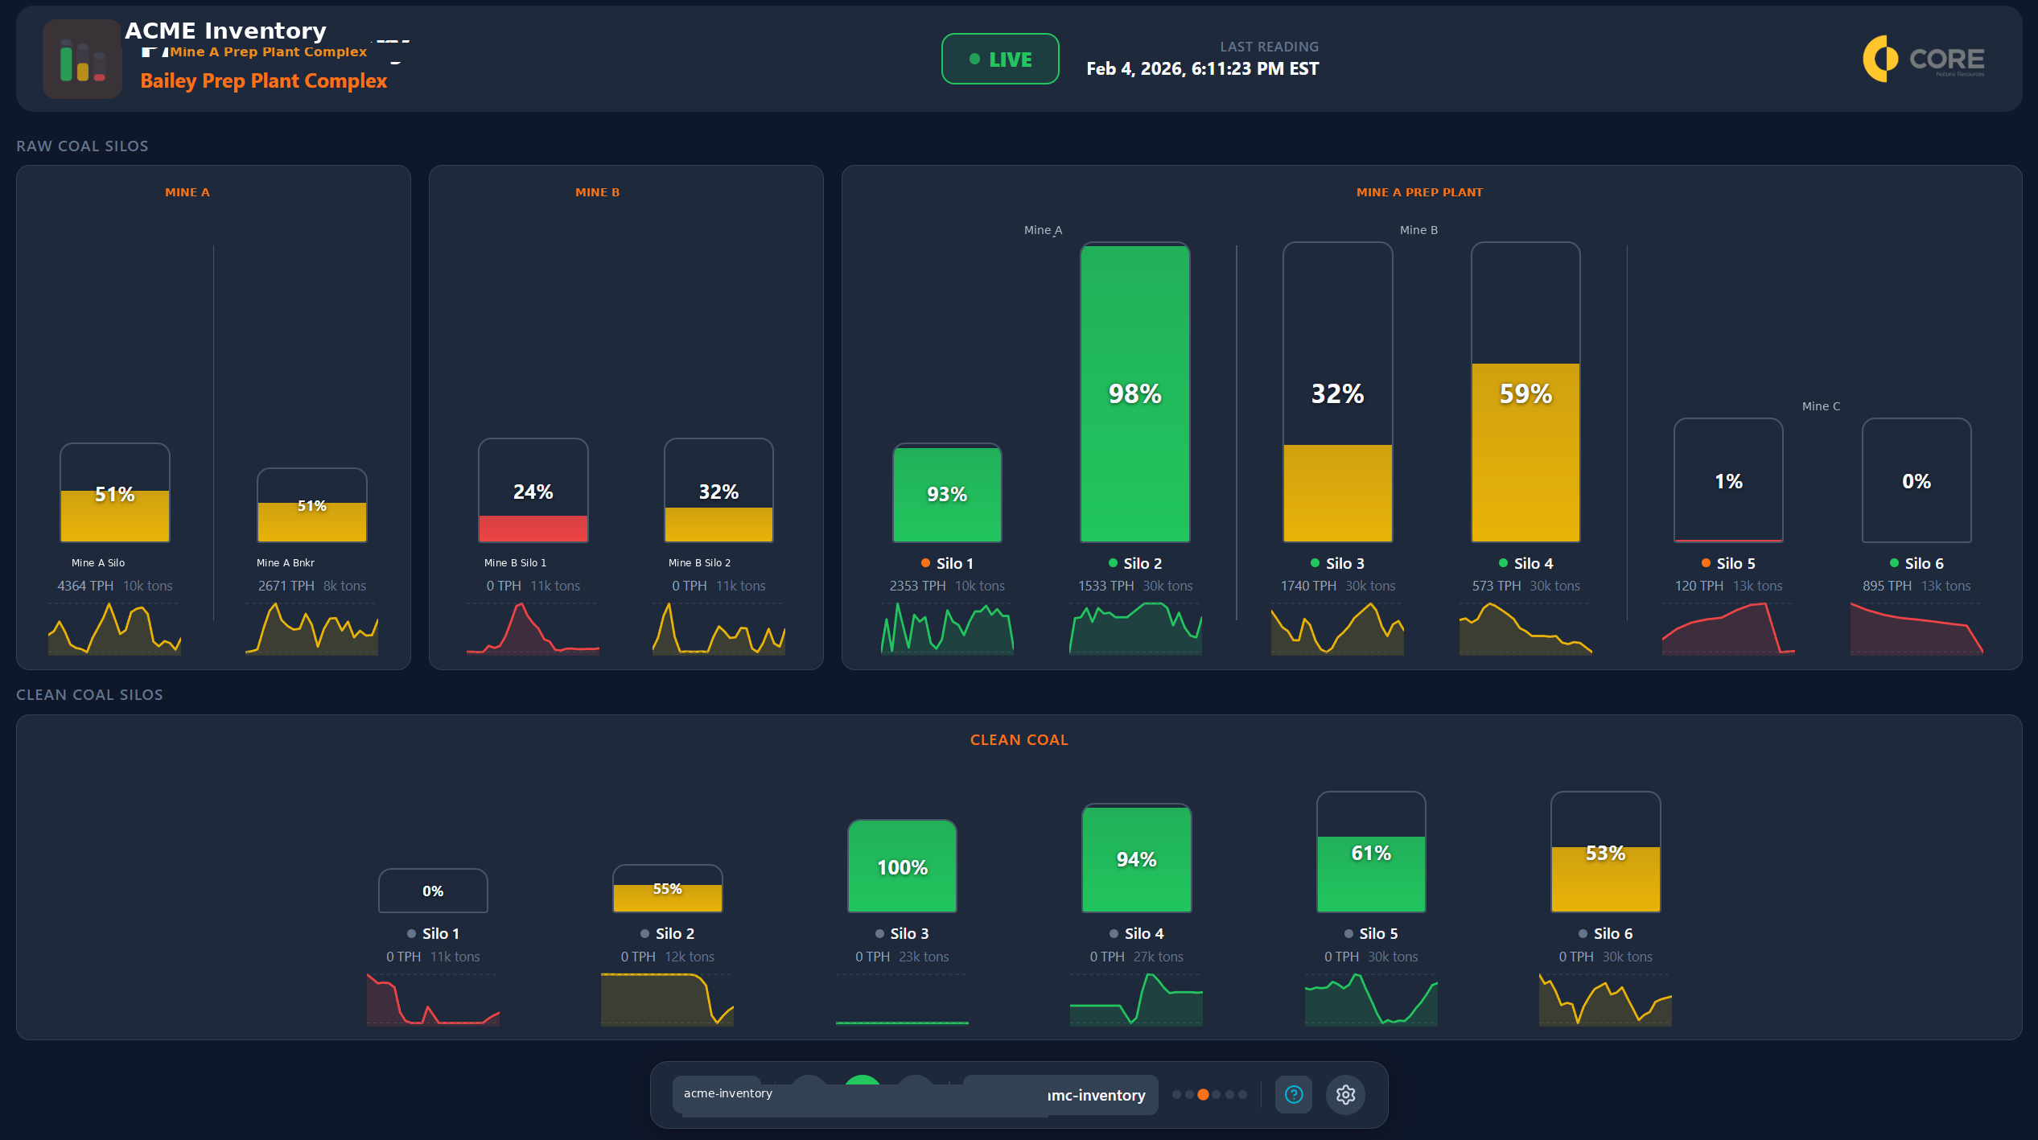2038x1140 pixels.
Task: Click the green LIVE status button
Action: pyautogui.click(x=1000, y=59)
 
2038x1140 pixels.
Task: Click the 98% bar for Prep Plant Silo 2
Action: pyautogui.click(x=1134, y=393)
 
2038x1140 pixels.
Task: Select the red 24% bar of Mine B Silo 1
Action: pyautogui.click(x=533, y=528)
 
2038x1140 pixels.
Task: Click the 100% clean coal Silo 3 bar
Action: pyautogui.click(x=902, y=866)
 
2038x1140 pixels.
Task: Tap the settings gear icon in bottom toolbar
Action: pyautogui.click(x=1345, y=1095)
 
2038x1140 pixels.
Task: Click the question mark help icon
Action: pyautogui.click(x=1294, y=1095)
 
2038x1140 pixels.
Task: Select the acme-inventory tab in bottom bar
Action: pyautogui.click(x=727, y=1093)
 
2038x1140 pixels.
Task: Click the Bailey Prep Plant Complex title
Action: pyautogui.click(x=263, y=81)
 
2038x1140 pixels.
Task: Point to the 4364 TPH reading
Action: pyautogui.click(x=85, y=586)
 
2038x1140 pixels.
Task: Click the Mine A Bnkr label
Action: pyautogui.click(x=286, y=562)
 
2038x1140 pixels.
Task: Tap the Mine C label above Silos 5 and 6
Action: pyautogui.click(x=1821, y=406)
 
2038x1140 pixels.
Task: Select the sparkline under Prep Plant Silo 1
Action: pyautogui.click(x=947, y=629)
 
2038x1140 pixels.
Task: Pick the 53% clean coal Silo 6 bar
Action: pyautogui.click(x=1605, y=878)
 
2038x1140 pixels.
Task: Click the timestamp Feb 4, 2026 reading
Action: pyautogui.click(x=1202, y=69)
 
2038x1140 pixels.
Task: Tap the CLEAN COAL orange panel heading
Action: pyautogui.click(x=1019, y=739)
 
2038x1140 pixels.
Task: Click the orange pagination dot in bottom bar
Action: pyautogui.click(x=1203, y=1095)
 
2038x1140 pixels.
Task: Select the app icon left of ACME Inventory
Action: pyautogui.click(x=82, y=60)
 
